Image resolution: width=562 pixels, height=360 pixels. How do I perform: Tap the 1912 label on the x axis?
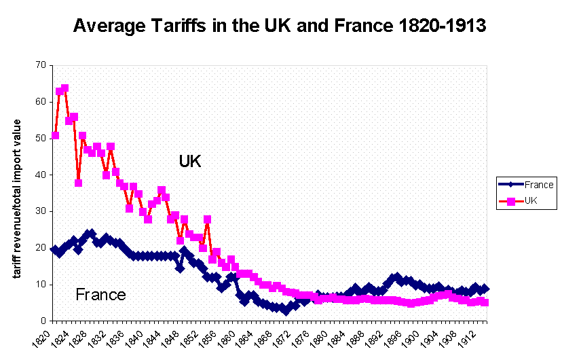click(468, 336)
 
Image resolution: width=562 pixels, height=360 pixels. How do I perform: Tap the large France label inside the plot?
click(100, 295)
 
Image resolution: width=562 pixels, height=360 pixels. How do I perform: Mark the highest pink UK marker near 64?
click(64, 88)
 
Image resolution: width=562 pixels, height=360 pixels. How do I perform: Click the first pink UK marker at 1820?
click(55, 135)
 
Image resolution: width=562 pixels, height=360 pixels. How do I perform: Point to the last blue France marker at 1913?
click(485, 289)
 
